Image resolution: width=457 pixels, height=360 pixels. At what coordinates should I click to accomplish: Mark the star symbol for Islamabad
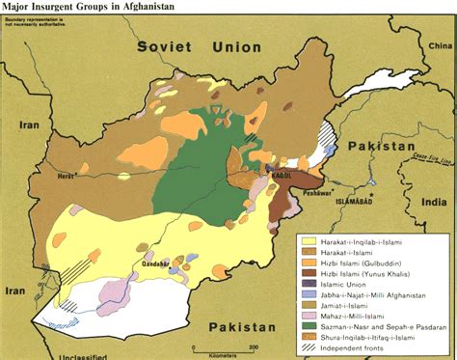click(369, 194)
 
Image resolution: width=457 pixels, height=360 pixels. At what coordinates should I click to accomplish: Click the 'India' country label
click(437, 203)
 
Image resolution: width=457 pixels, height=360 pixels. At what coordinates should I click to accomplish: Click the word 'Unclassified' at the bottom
click(58, 355)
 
